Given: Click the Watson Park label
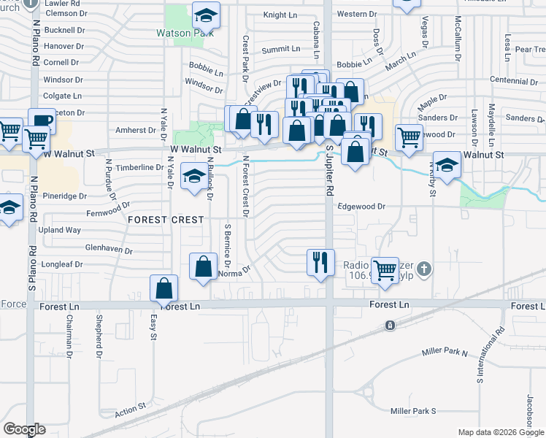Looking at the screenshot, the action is click(x=185, y=33).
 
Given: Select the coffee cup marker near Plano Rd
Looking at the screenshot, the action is click(x=42, y=120).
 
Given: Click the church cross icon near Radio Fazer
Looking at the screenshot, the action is click(x=426, y=269).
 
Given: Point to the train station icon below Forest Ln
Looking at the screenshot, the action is click(x=391, y=325).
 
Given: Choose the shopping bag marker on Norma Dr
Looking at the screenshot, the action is click(x=204, y=266).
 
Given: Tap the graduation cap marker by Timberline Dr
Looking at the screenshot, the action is click(x=194, y=177).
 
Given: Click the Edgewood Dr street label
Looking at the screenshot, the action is click(x=361, y=207).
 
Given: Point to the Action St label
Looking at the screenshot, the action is click(x=131, y=410).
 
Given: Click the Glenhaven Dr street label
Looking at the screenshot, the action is click(x=108, y=250).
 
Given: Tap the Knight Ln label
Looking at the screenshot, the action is click(x=280, y=14).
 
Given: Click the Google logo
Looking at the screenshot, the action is click(x=24, y=429).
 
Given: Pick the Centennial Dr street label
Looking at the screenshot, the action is click(x=514, y=80).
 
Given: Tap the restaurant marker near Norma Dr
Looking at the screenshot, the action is click(x=320, y=262).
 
